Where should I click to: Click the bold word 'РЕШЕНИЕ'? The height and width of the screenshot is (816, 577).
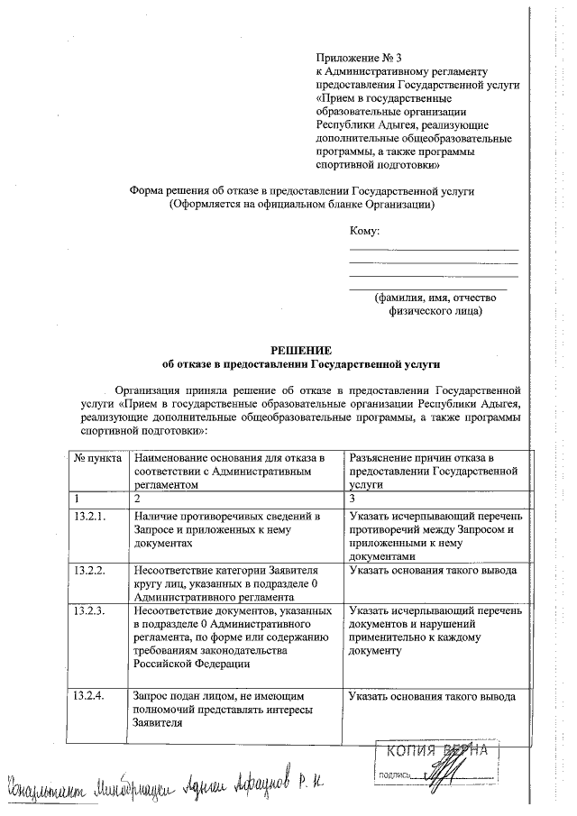tap(301, 349)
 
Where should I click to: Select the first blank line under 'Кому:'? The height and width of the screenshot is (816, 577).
tap(434, 249)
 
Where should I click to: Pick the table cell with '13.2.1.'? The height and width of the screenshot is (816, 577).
tap(89, 515)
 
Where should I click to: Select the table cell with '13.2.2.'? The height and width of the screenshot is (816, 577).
tap(89, 571)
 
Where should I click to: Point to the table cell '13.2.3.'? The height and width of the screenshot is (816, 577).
tap(89, 610)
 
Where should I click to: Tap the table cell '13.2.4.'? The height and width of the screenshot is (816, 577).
tap(89, 697)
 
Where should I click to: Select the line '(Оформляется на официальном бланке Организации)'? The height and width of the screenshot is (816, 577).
tap(301, 205)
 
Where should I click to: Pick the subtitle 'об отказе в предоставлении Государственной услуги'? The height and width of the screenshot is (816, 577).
tap(301, 363)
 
